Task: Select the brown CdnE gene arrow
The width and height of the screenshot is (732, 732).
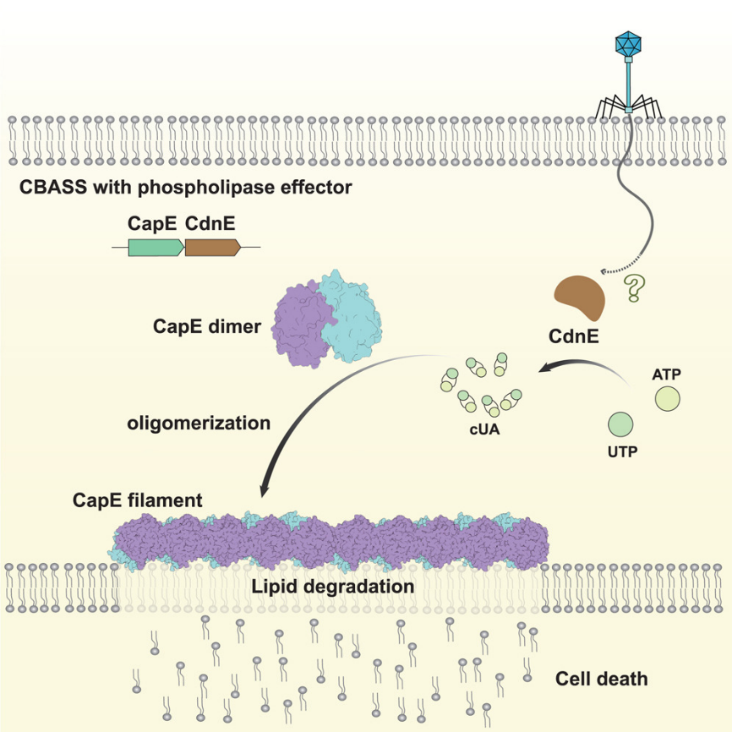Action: (x=212, y=247)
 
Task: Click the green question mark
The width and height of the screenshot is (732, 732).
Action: (x=631, y=288)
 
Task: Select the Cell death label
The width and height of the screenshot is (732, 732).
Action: (x=601, y=679)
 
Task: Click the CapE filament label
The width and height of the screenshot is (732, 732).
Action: (x=137, y=500)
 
